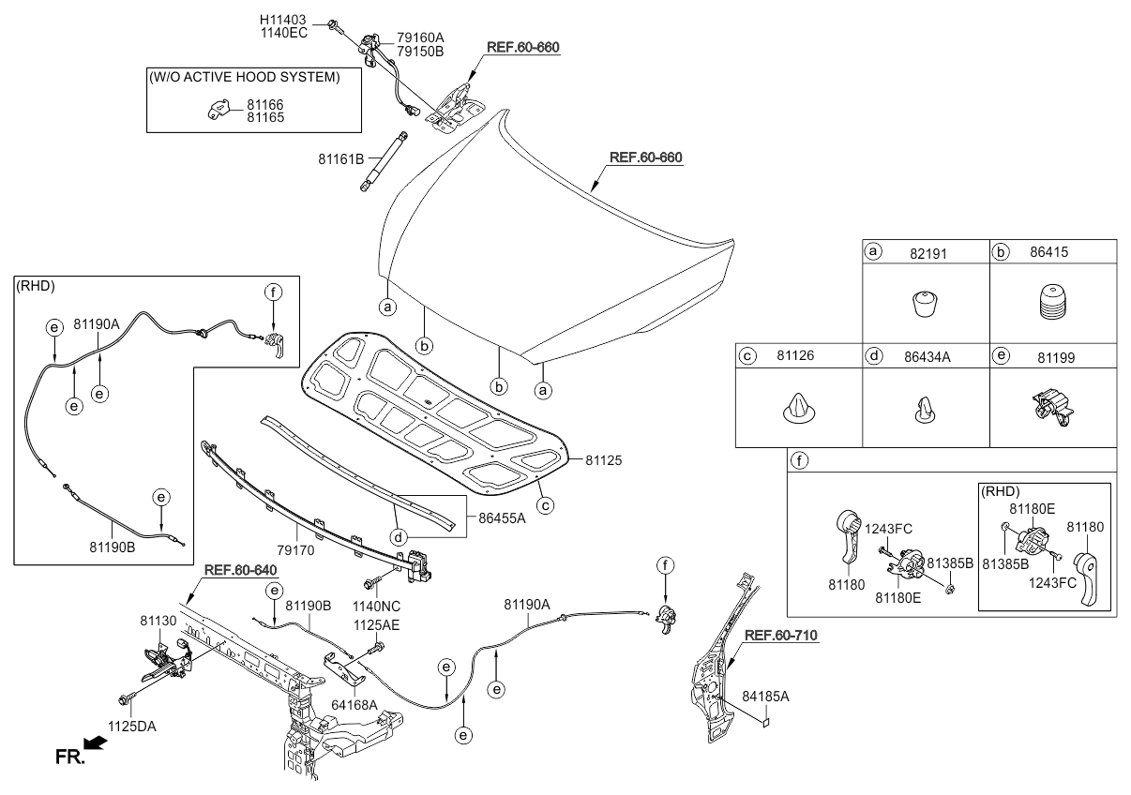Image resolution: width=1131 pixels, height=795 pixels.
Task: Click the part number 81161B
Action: pyautogui.click(x=341, y=160)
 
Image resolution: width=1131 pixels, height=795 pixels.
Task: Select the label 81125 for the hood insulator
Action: pyautogui.click(x=605, y=460)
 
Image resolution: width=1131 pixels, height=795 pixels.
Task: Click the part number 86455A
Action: pyautogui.click(x=504, y=516)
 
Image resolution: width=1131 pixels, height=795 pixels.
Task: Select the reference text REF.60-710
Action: pyautogui.click(x=781, y=636)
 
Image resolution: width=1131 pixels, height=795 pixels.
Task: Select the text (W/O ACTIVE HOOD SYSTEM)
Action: pyautogui.click(x=244, y=77)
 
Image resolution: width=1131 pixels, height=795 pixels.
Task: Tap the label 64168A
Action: pyautogui.click(x=354, y=704)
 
